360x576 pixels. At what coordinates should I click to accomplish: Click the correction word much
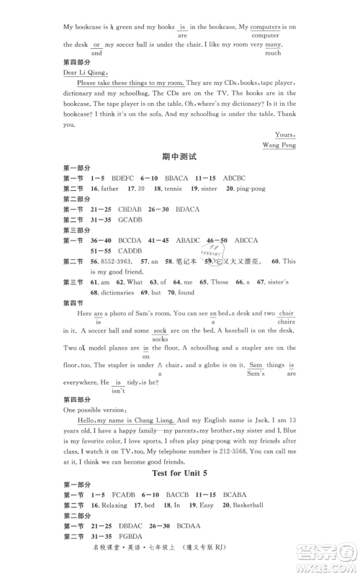click(273, 53)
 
